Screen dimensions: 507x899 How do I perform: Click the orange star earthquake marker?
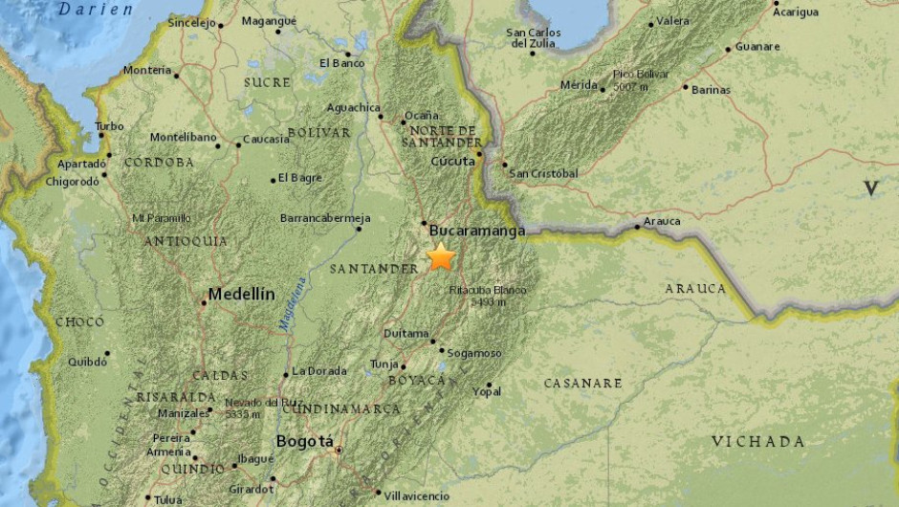tap(441, 256)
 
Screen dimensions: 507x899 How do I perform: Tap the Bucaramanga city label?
tap(477, 231)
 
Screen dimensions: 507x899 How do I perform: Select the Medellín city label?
tap(242, 294)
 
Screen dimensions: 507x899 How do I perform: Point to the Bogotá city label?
tap(304, 441)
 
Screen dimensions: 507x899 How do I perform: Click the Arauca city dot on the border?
tap(637, 227)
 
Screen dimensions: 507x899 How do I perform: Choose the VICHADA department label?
tap(757, 441)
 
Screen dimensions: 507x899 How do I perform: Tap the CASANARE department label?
tap(582, 383)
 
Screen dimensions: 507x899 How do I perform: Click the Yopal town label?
tap(486, 390)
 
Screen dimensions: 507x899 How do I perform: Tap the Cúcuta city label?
tap(452, 161)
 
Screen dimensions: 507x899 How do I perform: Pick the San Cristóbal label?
tap(543, 173)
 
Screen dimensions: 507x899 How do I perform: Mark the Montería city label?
tap(146, 70)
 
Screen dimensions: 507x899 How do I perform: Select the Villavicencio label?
tap(415, 496)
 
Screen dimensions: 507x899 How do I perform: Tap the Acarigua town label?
tap(796, 11)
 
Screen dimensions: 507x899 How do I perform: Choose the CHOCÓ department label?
tap(79, 322)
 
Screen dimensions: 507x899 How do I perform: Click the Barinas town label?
tap(712, 90)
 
